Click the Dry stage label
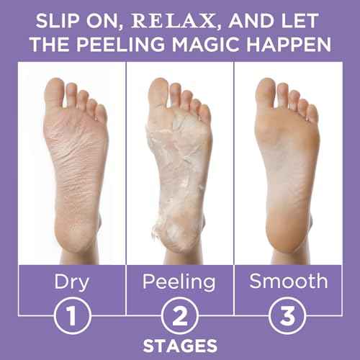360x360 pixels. (72, 281)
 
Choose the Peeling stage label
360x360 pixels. (180, 281)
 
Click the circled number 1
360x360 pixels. (72, 315)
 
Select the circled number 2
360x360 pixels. (180, 315)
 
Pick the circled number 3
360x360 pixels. (287, 315)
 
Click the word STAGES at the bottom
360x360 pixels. (180, 344)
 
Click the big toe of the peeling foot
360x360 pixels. (162, 86)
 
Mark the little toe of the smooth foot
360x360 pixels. (312, 114)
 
